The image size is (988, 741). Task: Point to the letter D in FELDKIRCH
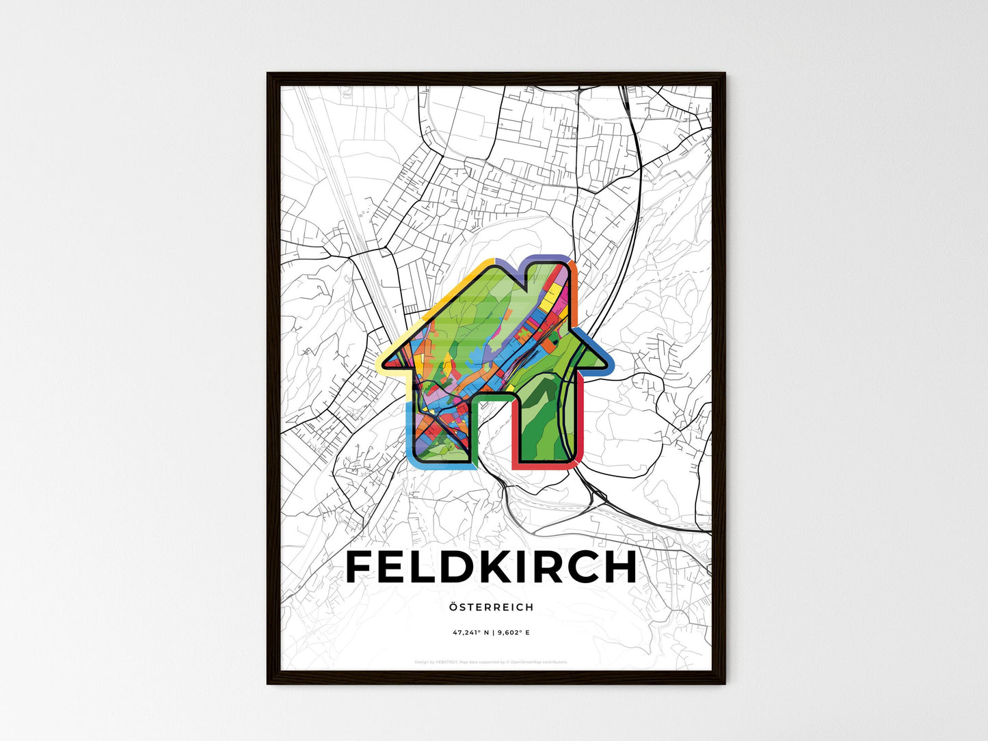(444, 567)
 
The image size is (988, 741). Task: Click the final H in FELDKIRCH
(618, 567)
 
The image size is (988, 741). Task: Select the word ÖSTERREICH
(492, 607)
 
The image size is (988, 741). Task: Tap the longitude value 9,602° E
(512, 633)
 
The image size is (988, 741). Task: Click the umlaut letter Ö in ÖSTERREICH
(454, 606)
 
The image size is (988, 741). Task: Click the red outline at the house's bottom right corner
(578, 462)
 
